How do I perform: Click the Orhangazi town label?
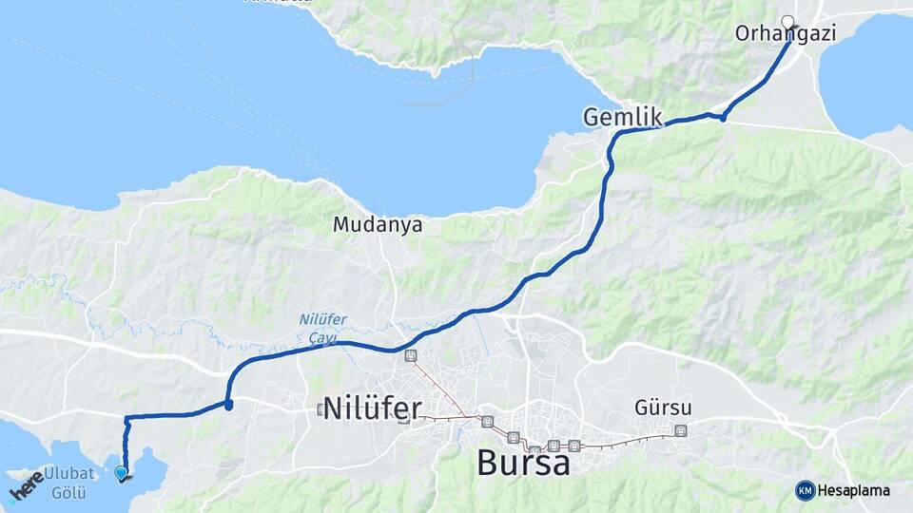click(x=785, y=34)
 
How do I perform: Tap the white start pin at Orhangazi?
click(x=787, y=21)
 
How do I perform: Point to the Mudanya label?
click(x=378, y=225)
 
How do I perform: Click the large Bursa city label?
click(x=523, y=464)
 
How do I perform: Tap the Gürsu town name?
click(x=662, y=408)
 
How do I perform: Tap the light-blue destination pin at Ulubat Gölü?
click(x=121, y=472)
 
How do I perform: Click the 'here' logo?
click(x=27, y=484)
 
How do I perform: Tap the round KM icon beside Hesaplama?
click(x=805, y=490)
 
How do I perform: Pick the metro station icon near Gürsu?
click(x=680, y=430)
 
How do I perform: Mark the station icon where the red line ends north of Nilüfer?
click(x=411, y=356)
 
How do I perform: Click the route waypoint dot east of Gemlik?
click(x=724, y=117)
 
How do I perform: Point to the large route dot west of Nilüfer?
click(x=229, y=405)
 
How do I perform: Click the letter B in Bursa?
click(x=486, y=464)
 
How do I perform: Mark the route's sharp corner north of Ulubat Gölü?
click(x=126, y=417)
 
